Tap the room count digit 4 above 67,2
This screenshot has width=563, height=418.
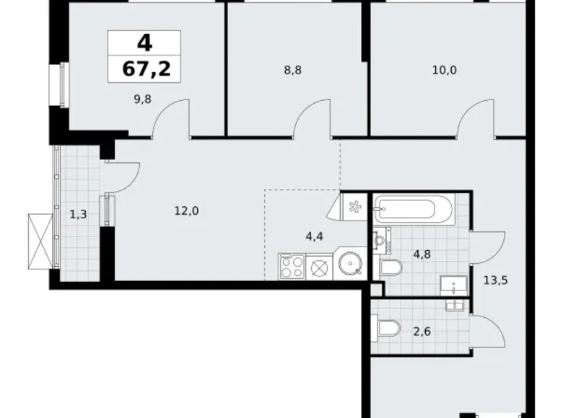tap(144, 43)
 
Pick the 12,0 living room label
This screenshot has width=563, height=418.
tap(186, 210)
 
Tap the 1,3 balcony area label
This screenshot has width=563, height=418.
tap(79, 213)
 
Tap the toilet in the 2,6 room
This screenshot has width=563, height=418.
tap(388, 329)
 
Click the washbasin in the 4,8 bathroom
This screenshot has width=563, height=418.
tap(454, 285)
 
